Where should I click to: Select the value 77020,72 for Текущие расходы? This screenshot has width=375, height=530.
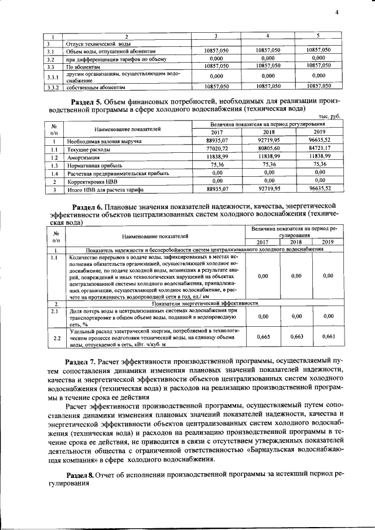point(217,149)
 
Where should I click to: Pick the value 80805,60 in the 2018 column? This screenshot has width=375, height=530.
point(268,149)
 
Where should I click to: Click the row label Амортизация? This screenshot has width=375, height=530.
point(82,158)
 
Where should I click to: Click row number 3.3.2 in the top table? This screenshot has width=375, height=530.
point(54,87)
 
